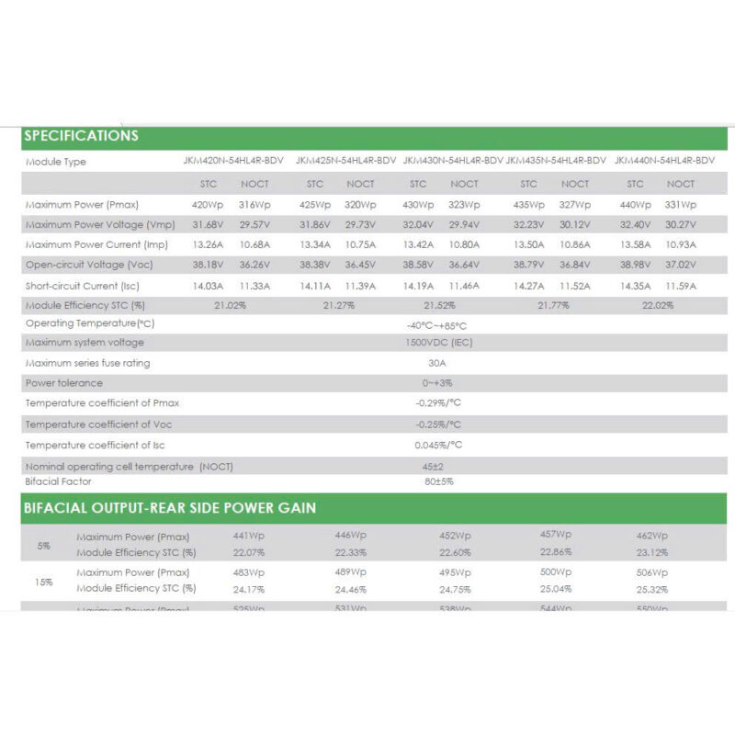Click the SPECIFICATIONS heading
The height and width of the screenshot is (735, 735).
pos(82,136)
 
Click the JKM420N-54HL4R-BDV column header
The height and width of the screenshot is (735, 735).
pos(234,160)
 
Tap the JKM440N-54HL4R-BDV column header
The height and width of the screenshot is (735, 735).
pos(664,160)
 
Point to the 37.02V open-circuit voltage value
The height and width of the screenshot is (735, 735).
pos(680,265)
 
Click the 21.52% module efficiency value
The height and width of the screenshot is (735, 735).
pos(439,305)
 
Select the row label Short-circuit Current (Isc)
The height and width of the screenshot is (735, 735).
pos(83,286)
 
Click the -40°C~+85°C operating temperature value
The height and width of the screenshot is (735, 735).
pos(436,325)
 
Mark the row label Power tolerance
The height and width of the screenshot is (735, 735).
pos(64,383)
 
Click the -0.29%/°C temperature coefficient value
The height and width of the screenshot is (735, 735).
pos(438,403)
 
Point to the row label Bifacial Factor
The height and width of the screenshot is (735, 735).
pos(61,481)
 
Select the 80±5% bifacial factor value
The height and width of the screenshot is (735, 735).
pos(439,481)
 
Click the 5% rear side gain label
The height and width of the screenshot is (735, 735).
pos(43,546)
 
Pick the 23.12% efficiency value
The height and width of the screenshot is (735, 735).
pos(651,552)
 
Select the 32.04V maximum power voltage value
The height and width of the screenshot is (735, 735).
pos(418,224)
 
